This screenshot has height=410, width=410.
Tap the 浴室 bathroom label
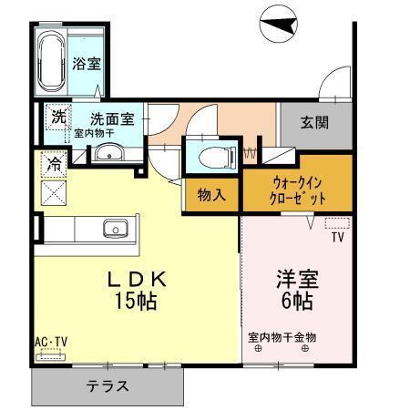(x=87, y=64)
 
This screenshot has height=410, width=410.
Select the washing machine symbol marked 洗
(x=58, y=117)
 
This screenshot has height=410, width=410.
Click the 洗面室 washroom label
(x=112, y=118)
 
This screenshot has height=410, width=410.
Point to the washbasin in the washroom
(x=108, y=152)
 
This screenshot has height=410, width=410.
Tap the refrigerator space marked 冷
(x=54, y=164)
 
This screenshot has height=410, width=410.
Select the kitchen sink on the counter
(x=116, y=229)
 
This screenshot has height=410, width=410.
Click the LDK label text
(x=137, y=280)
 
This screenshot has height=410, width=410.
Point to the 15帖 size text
(x=136, y=301)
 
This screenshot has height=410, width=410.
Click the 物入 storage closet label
(x=211, y=194)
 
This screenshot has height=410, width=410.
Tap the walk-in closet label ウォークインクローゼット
(x=297, y=191)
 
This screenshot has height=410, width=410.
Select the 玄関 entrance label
(x=314, y=122)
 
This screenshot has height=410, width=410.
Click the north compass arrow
(x=279, y=25)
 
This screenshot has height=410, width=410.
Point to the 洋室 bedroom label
(x=297, y=279)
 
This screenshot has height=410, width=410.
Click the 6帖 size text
(x=297, y=301)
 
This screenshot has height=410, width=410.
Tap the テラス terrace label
(x=108, y=386)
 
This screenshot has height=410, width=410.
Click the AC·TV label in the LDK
(x=51, y=342)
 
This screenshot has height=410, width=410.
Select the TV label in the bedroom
(x=338, y=237)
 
